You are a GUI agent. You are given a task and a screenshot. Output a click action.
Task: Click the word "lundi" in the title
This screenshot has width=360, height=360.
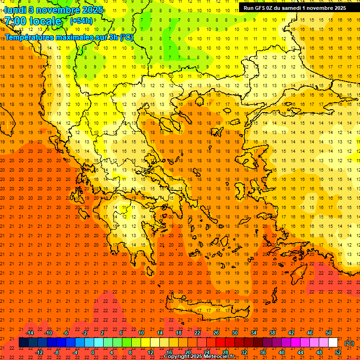(15, 10)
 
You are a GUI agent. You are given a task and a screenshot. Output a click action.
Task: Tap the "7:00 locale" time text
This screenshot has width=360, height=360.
(33, 21)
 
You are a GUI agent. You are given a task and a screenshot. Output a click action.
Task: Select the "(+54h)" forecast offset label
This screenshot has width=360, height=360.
(81, 21)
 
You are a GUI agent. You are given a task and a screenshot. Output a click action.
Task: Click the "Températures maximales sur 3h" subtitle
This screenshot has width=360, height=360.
(68, 37)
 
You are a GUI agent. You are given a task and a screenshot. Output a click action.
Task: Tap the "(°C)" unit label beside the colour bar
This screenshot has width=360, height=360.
(349, 343)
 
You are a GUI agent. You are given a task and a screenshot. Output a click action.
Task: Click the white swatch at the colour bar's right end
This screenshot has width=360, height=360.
(333, 343)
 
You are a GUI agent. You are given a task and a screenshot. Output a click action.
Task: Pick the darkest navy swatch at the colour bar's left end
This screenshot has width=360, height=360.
(23, 343)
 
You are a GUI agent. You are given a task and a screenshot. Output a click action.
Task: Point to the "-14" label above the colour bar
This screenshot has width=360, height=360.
(30, 333)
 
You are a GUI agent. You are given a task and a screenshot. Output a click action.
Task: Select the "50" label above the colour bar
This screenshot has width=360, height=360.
(328, 333)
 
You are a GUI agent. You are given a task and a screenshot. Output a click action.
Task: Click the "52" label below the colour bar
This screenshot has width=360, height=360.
(337, 352)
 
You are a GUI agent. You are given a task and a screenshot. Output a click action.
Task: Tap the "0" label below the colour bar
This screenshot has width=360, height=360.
(93, 352)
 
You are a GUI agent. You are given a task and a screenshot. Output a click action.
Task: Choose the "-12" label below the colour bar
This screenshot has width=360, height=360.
(39, 352)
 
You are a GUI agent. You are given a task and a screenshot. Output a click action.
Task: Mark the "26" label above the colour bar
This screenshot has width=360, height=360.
(216, 333)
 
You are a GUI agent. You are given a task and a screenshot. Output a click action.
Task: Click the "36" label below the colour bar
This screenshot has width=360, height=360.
(263, 352)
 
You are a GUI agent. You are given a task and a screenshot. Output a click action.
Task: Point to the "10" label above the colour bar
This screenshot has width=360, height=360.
(141, 333)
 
